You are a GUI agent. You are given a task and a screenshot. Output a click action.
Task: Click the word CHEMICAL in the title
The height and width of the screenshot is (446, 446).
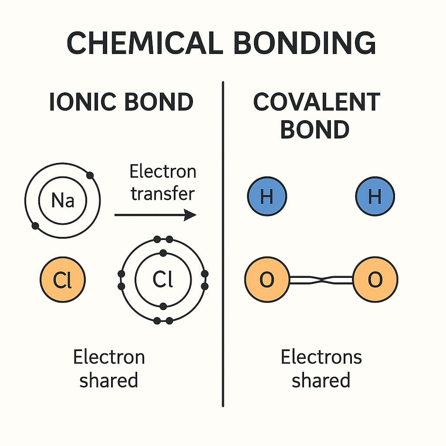145,43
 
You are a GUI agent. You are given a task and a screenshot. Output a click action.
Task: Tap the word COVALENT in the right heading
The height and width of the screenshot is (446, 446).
317,102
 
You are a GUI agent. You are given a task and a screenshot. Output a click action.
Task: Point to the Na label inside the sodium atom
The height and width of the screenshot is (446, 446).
63,200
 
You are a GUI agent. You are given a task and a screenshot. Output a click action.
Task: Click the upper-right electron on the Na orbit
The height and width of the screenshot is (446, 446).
90,176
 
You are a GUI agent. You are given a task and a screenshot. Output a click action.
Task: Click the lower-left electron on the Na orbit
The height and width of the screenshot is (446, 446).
35,226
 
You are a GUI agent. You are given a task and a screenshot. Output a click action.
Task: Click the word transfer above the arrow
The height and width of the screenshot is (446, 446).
163,194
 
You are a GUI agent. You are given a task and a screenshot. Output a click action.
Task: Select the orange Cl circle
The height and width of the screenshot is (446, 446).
63,280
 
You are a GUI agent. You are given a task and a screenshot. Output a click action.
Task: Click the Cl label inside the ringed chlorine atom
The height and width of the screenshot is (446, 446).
163,279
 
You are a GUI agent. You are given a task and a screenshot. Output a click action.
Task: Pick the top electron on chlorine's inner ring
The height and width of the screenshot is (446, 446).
163,253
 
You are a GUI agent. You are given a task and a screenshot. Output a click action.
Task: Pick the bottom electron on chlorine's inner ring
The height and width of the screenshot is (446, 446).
163,306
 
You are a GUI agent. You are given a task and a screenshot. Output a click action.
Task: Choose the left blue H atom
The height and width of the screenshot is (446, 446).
267,196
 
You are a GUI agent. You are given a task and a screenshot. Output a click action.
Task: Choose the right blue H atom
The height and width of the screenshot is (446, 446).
375,196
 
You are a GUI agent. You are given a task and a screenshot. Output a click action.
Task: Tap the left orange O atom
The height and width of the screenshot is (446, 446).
267,280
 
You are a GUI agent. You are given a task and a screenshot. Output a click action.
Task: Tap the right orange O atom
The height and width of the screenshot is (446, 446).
375,280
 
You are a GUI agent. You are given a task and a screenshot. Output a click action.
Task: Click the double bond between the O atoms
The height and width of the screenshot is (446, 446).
321,280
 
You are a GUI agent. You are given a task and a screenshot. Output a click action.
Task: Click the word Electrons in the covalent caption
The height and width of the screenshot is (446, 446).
321,357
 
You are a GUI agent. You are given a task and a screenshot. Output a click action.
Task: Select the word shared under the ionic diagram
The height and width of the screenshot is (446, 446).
108,380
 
